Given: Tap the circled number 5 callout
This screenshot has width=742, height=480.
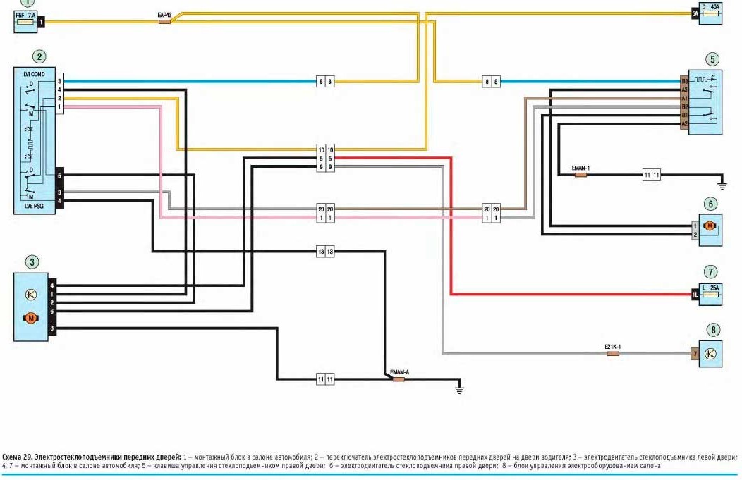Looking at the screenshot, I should point(713,59).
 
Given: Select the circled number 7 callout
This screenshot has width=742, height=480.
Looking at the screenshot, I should point(710,271).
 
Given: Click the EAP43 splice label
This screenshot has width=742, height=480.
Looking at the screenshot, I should point(164,15).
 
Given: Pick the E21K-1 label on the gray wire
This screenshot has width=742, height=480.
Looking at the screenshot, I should point(612,346).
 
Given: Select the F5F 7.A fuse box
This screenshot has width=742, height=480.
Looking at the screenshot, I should point(26,23).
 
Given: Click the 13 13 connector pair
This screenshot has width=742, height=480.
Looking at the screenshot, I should point(325,252).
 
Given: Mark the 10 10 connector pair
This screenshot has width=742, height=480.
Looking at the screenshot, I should point(325,150).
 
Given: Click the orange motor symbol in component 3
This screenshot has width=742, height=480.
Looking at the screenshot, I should point(30,319).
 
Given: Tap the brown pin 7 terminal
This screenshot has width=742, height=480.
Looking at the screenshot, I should point(695,352).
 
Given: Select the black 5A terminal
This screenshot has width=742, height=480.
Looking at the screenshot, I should point(695,13).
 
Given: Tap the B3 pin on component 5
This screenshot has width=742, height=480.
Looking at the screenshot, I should point(684,82).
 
